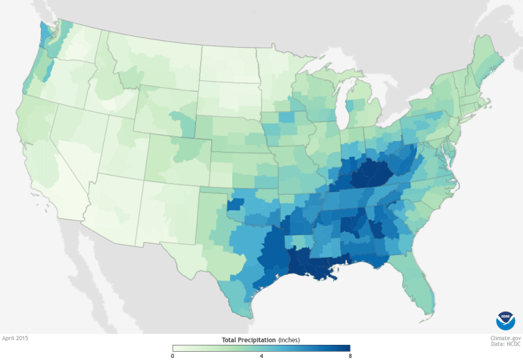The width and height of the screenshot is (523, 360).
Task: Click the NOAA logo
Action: pos(505,318)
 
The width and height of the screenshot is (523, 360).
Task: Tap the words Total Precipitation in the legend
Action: pos(248,339)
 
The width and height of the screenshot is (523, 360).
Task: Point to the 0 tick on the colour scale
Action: pos(173,355)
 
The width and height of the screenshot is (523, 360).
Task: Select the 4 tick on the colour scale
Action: pos(261,355)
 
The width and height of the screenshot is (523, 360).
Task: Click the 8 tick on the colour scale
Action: pos(350,355)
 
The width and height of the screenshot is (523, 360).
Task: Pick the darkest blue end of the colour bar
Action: pos(347,348)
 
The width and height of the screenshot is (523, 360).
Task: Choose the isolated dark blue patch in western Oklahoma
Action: pos(235,204)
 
